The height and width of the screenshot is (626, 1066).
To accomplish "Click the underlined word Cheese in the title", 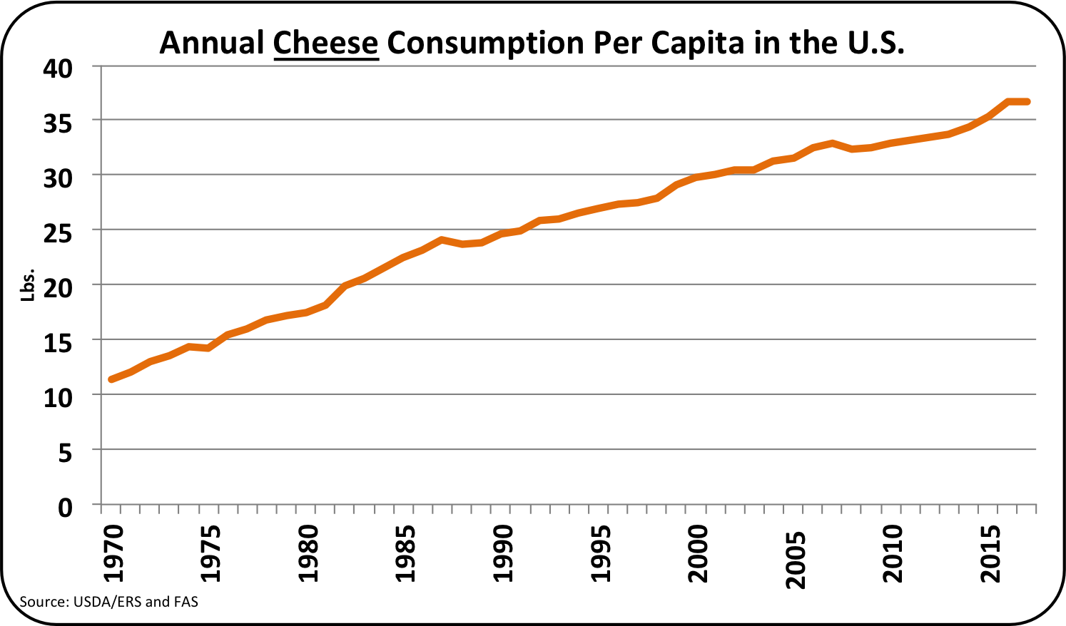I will (325, 43).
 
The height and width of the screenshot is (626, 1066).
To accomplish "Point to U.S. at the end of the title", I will (875, 43).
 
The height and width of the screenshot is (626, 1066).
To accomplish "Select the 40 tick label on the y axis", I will (58, 68).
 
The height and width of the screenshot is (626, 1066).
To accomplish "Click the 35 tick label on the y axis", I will (58, 123).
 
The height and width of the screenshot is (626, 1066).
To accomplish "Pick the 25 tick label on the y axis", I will (58, 233).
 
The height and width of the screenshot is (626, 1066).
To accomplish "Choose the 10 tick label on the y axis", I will (58, 398).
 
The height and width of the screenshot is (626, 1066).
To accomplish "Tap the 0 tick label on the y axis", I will (65, 508).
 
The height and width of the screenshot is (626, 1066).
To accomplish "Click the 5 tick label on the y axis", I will (65, 453).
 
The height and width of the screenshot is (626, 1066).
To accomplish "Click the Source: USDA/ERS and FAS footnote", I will (108, 602).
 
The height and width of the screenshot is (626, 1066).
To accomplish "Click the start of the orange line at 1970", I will (111, 379).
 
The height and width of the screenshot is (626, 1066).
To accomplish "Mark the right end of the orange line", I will (1027, 102).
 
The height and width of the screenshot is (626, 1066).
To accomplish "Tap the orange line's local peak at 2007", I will (832, 143).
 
